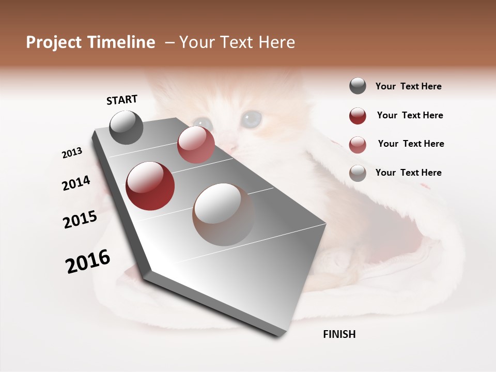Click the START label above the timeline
(x=122, y=100)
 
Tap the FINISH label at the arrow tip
(x=339, y=334)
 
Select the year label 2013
(x=72, y=153)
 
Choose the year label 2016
(x=88, y=261)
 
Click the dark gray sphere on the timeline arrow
(x=126, y=127)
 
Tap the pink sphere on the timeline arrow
(x=196, y=145)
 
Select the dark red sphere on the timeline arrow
(x=150, y=186)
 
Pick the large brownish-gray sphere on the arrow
(x=223, y=214)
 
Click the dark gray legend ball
(x=358, y=86)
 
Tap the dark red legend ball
(x=358, y=116)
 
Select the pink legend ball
(x=358, y=144)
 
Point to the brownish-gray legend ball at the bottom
(x=358, y=173)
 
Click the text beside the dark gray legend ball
(x=408, y=87)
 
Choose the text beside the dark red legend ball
(x=410, y=115)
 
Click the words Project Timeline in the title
(x=90, y=42)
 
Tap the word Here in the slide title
(x=275, y=42)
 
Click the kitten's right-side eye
(x=252, y=119)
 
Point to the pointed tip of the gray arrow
(x=280, y=335)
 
